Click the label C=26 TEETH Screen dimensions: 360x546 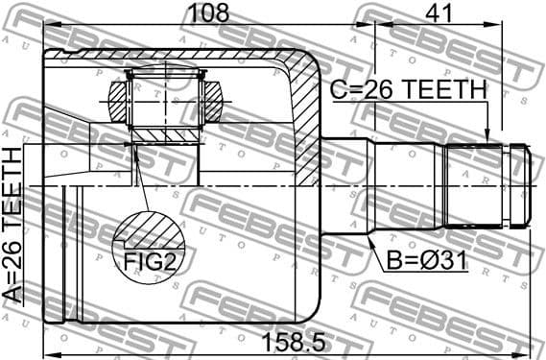tap(408, 90)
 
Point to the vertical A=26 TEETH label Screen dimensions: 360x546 tap(13, 225)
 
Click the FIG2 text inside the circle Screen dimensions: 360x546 tap(147, 259)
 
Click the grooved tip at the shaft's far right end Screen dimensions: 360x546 tap(519, 183)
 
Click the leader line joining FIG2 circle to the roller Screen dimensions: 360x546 tap(140, 182)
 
